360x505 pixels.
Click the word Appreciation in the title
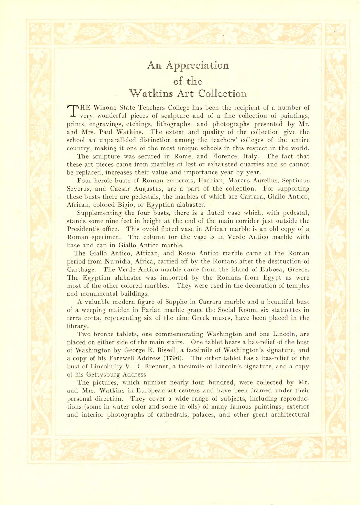pyautogui.click(x=197, y=65)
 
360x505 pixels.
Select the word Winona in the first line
pyautogui.click(x=105, y=108)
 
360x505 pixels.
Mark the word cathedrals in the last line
pyautogui.click(x=170, y=415)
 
